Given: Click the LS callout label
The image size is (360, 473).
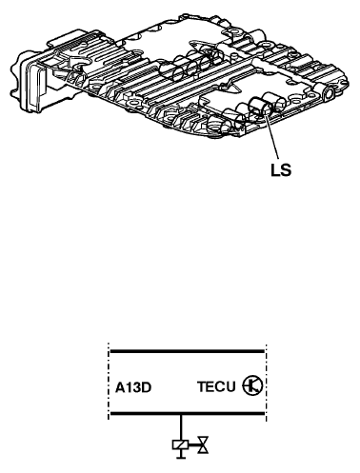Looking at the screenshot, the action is coord(281,170).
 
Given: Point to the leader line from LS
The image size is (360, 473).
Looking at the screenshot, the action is coord(271,138).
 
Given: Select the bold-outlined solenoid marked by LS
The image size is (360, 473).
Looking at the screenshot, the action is coord(261,107).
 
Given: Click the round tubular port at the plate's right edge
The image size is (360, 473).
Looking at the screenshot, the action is coord(328,93).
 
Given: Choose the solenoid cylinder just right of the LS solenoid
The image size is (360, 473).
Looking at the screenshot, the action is coord(275,102).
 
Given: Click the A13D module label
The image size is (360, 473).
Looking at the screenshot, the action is coord(133,387).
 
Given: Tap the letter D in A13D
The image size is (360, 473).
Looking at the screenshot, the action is coord(147,387).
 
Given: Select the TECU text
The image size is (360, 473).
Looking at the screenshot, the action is coord(216,386).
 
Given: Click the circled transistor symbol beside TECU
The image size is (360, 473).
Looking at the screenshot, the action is coord(252,385).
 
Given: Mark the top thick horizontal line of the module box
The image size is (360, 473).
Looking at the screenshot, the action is coord(187,351).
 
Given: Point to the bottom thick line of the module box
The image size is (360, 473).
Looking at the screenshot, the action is coord(187,414).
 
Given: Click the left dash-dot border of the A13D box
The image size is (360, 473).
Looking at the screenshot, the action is coord(109,383).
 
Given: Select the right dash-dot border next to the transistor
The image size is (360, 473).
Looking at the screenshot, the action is coord(266,383).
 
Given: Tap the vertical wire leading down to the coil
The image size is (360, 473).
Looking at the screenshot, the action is coord(181,427).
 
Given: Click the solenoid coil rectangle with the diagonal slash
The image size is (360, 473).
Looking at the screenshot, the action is coord(181,444).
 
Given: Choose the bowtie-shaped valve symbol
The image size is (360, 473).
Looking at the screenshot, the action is coord(203,444).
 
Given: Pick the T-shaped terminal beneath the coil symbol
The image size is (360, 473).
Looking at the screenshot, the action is coord(181,454).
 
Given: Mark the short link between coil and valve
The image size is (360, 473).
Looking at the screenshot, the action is coord(193,444).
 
